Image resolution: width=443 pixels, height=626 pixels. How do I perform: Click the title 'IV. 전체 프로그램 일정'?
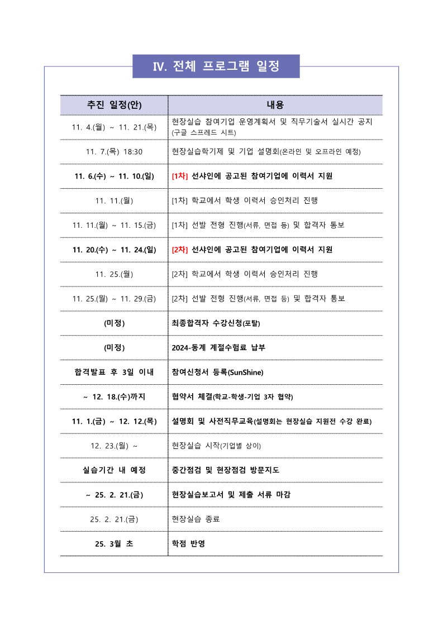216,66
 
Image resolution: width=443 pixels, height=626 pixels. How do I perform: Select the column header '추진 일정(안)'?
114,105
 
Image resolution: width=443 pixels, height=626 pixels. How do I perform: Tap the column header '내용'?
275,105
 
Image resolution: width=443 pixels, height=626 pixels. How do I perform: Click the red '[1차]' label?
180,176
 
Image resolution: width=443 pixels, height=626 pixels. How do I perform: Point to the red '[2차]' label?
180,250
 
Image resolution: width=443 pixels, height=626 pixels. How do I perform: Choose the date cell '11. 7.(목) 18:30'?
114,152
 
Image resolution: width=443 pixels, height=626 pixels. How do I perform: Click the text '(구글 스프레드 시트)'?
204,133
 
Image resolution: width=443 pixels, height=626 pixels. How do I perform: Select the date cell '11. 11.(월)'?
114,200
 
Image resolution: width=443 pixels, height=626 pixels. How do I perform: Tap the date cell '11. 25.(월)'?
114,274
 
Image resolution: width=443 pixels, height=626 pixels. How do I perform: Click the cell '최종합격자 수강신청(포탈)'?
216,323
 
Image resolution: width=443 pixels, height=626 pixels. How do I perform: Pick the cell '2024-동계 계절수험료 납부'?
218,348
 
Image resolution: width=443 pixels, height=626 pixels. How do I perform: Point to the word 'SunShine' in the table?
245,372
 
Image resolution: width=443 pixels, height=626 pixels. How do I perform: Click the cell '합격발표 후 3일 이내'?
114,372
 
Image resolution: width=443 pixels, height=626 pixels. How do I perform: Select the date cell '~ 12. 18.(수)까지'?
114,396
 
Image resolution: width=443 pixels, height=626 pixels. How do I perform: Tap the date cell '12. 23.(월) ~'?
114,446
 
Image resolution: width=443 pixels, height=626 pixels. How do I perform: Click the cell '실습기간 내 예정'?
114,470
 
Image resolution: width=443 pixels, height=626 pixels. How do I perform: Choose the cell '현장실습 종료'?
196,519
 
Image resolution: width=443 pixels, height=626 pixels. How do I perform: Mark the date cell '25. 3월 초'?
114,544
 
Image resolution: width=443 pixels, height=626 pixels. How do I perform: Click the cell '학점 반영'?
188,544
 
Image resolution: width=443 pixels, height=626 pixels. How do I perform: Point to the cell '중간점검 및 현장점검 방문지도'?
226,470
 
